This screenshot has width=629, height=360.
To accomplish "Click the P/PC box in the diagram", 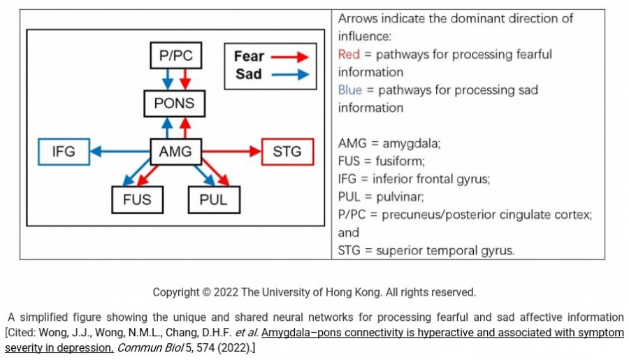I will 175,56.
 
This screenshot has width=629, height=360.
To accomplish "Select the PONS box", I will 175,104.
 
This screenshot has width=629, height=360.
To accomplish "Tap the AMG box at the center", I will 175,151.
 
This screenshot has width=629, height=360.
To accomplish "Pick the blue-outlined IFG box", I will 64,151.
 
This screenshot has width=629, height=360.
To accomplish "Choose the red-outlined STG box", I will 287,151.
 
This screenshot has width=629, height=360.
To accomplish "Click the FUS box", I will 137,200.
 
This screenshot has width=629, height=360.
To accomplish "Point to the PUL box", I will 214,200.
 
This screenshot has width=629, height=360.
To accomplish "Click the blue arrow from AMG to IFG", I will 120,151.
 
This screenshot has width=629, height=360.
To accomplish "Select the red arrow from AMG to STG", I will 231,151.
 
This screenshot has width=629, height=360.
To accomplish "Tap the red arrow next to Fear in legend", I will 289,57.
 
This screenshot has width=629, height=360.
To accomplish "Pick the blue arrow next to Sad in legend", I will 289,74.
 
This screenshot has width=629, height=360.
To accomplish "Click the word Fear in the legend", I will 249,57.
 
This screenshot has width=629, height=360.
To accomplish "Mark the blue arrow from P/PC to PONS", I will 167,80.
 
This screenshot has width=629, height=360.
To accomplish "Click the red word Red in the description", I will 349,55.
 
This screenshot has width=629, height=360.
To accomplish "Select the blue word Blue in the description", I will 350,90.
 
